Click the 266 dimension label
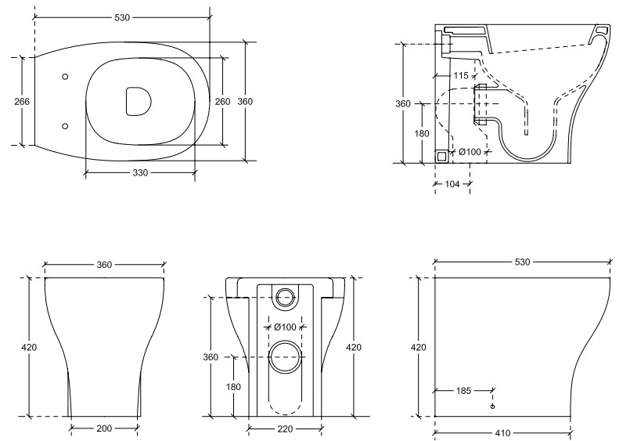(22, 101)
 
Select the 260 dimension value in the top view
(222, 101)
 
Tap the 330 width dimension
(140, 173)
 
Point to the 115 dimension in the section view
(461, 75)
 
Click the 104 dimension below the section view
(452, 184)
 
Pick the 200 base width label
(104, 428)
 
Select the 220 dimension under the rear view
(286, 429)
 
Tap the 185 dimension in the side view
(463, 390)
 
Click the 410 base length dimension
(502, 433)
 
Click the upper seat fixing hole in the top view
(65, 77)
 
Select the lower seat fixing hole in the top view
(65, 126)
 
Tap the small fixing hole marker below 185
(492, 407)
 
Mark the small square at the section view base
(442, 156)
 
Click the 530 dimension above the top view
(122, 18)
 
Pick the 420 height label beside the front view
(29, 347)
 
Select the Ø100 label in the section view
(470, 152)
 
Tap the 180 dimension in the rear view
(233, 387)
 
